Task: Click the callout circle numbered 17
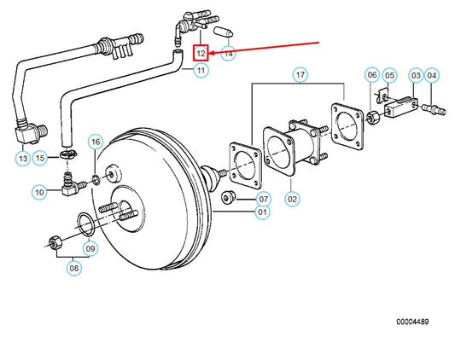pyautogui.click(x=300, y=75)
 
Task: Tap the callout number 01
pyautogui.click(x=262, y=212)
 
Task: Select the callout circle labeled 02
pyautogui.click(x=292, y=199)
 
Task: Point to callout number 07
pyautogui.click(x=264, y=199)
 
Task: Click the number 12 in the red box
pyautogui.click(x=201, y=53)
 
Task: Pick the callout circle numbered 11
pyautogui.click(x=201, y=70)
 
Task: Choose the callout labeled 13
pyautogui.click(x=23, y=159)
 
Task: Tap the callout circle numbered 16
pyautogui.click(x=96, y=142)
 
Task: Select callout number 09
pyautogui.click(x=90, y=248)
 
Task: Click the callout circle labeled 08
pyautogui.click(x=74, y=268)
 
